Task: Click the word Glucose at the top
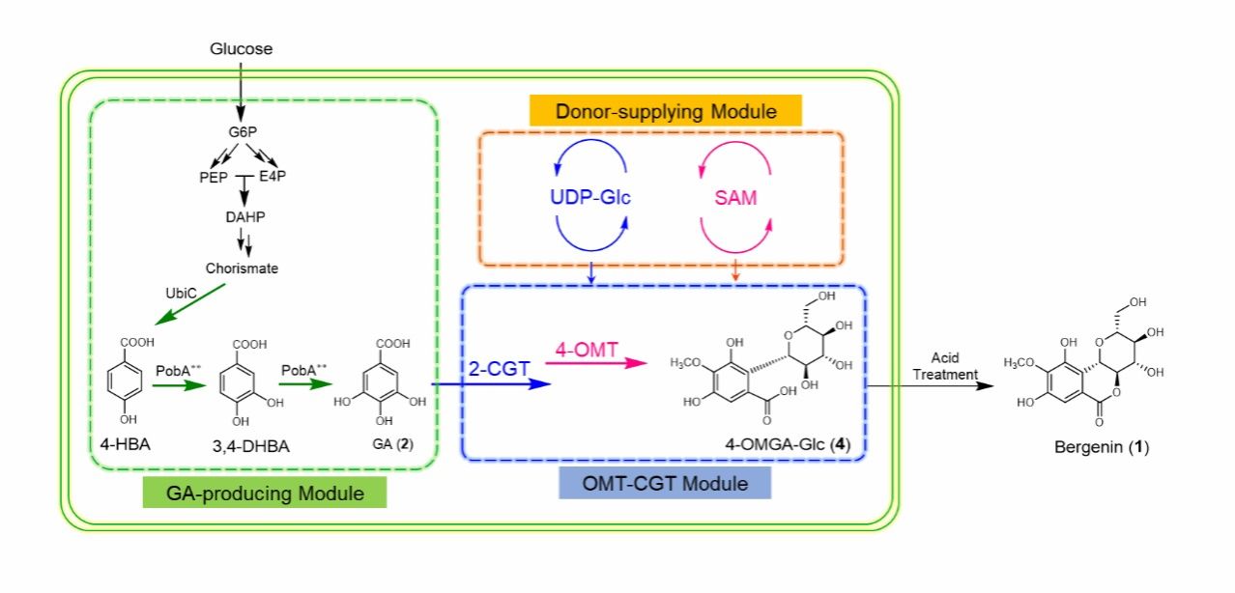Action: click(x=241, y=48)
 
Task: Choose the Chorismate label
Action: click(x=242, y=268)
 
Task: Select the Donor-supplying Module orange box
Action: click(x=666, y=111)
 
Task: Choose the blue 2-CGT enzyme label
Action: click(x=499, y=370)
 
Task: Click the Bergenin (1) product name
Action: click(x=1101, y=449)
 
